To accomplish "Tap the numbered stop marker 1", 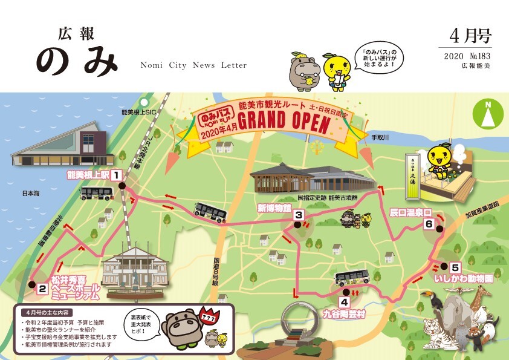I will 116,176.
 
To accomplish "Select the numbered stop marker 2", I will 42,289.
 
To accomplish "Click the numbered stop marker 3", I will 298,215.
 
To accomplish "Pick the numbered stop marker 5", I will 455,267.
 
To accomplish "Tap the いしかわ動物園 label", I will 463,280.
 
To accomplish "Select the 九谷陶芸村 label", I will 344,315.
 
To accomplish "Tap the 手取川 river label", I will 382,137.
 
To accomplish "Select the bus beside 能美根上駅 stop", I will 97,194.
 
